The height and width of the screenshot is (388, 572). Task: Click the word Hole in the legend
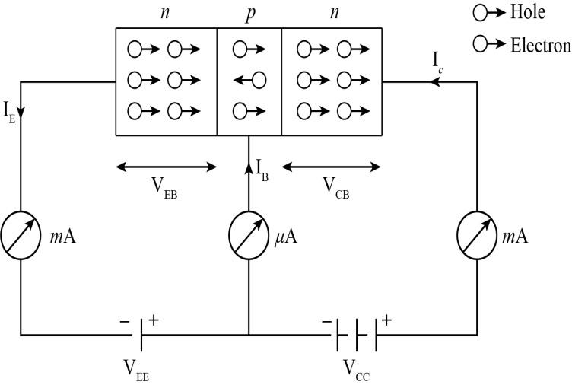528,13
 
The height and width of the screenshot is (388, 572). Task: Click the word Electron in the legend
540,45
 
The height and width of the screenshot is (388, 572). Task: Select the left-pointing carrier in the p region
249,78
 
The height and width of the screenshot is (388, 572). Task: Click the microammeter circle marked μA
249,237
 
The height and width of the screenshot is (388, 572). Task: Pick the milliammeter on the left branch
21,237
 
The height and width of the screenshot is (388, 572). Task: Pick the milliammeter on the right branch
477,237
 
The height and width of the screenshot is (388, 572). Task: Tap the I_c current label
438,62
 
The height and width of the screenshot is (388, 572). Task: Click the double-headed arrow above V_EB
167,166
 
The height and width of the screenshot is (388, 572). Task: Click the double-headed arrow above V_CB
332,166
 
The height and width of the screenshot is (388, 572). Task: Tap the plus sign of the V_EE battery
154,320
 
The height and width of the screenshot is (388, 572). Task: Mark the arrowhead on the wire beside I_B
249,164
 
